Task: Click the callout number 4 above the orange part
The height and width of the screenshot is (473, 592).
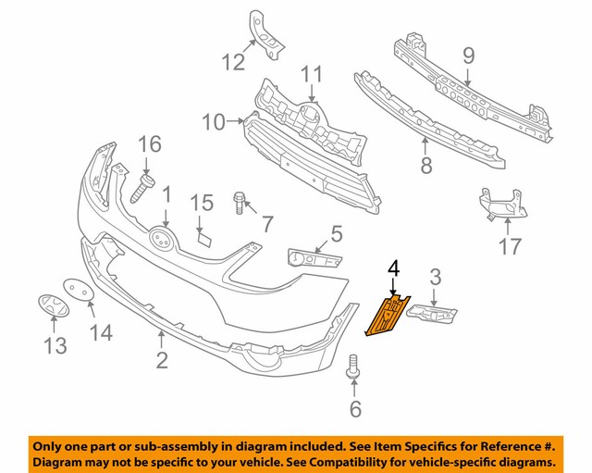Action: click(394, 268)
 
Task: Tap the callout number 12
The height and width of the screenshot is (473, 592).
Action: click(233, 62)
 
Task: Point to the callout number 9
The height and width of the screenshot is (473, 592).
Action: click(468, 55)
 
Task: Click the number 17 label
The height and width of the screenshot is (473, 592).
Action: click(509, 246)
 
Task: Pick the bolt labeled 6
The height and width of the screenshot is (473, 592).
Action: click(351, 366)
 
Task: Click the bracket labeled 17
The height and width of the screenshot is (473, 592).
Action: click(497, 206)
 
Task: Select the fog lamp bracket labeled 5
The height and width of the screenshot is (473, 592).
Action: click(313, 256)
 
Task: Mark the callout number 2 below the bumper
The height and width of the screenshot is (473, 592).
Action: click(162, 359)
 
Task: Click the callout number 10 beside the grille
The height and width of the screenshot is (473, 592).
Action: click(213, 121)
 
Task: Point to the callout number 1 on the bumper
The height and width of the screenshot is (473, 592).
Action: click(166, 195)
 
